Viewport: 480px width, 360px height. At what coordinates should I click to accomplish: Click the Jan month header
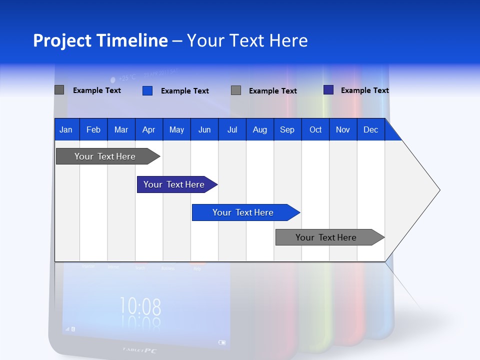66,130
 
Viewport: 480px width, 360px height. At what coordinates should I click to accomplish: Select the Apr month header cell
148,130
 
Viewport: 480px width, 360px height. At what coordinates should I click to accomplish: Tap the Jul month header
232,130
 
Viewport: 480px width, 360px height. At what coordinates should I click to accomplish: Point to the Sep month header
287,130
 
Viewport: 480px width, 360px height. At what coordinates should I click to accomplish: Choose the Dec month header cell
370,130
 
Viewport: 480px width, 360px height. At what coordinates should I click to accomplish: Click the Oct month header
315,130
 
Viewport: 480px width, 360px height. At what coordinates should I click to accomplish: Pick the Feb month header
93,130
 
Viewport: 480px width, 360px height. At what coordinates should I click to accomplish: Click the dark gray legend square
59,90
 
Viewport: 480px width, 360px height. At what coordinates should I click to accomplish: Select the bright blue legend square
147,90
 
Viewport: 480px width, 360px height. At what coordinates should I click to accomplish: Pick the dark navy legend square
328,90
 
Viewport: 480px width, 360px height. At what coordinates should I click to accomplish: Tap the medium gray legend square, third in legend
236,90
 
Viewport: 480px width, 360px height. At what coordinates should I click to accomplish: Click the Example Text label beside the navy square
364,90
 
